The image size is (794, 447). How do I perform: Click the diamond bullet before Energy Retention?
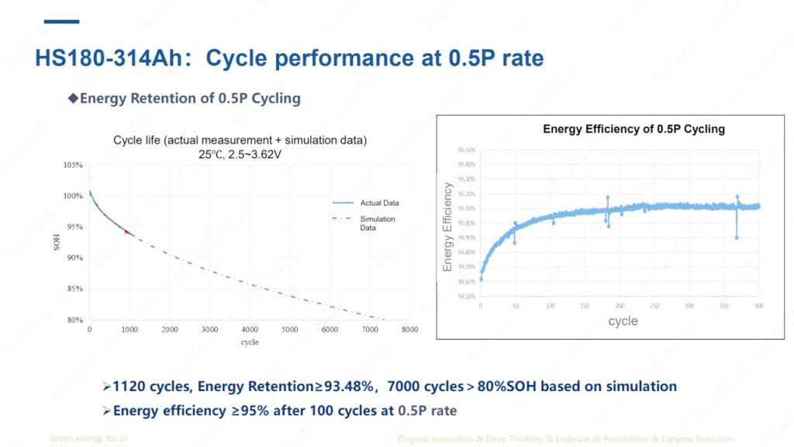coord(74,99)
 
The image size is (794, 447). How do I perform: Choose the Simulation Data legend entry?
coord(378,223)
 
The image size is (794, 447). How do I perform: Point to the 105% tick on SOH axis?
coord(73,165)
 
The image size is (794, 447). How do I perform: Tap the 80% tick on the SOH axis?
coord(74,319)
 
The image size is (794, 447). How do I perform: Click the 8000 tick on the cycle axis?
coord(409,330)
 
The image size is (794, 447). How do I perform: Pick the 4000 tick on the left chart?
coord(250,330)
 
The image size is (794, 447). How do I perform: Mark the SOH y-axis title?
coord(56,241)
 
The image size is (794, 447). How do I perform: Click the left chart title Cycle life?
coord(240,140)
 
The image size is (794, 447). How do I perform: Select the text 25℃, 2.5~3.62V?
coord(240,154)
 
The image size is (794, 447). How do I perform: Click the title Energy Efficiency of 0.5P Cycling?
coord(633,129)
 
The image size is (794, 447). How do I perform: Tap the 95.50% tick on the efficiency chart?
coord(466,150)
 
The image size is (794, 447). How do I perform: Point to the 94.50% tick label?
coord(466,296)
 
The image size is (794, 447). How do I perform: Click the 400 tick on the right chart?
coord(758,307)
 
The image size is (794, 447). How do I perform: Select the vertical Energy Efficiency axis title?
coord(447,227)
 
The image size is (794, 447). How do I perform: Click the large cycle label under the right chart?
coord(623,321)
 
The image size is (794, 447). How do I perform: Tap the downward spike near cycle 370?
coord(737,236)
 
